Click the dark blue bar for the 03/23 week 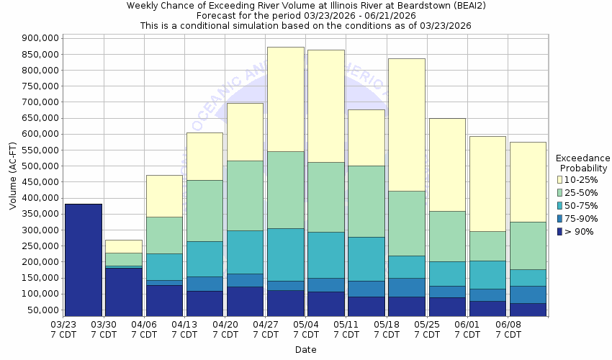point(83,259)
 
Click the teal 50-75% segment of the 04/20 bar point(245,252)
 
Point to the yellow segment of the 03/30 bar point(123,246)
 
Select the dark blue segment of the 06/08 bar point(527,309)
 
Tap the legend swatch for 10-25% point(559,179)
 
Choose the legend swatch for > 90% point(559,231)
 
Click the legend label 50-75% point(580,205)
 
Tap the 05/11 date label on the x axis point(347,329)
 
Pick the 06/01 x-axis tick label point(468,329)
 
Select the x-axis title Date point(305,350)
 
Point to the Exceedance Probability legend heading point(582,163)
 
